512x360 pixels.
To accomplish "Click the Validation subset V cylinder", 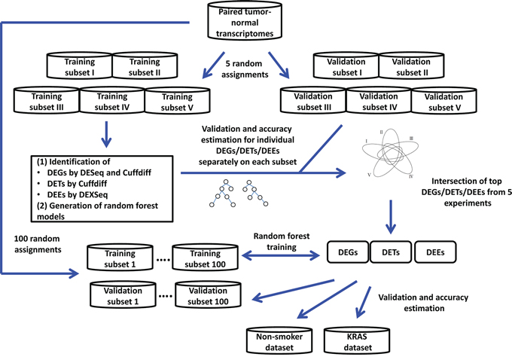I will [443, 102].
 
